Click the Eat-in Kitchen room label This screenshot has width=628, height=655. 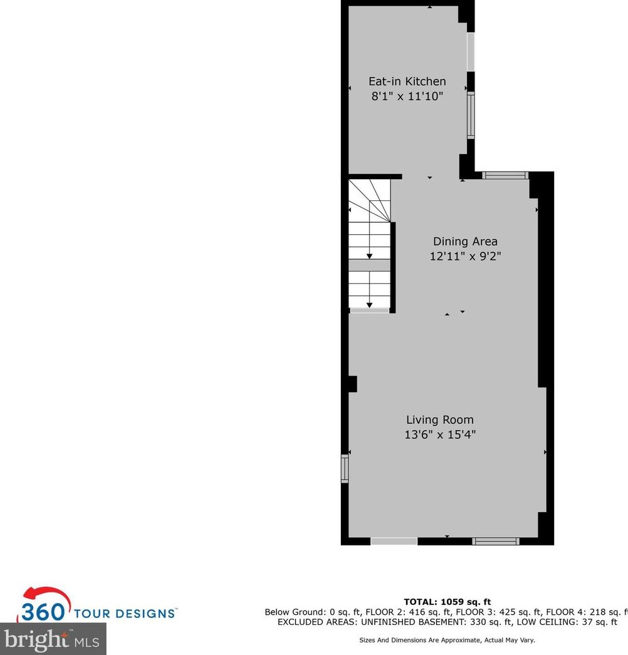(407, 81)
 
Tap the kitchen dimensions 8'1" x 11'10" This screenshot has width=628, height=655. (407, 96)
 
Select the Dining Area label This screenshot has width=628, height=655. (465, 242)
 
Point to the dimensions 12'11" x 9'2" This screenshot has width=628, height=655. (465, 256)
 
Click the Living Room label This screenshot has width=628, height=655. (439, 420)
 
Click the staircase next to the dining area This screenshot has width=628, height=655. (369, 244)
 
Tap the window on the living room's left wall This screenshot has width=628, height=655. (344, 468)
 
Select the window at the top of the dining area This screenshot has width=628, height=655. (506, 175)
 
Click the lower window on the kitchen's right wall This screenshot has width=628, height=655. (471, 115)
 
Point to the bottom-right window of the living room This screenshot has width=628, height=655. (496, 541)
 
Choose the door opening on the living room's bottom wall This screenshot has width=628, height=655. (394, 541)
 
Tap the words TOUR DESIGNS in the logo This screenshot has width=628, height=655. (125, 612)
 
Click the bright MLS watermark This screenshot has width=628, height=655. (53, 639)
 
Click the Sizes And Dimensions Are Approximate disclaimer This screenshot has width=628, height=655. (447, 640)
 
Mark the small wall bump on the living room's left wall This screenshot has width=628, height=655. (352, 383)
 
